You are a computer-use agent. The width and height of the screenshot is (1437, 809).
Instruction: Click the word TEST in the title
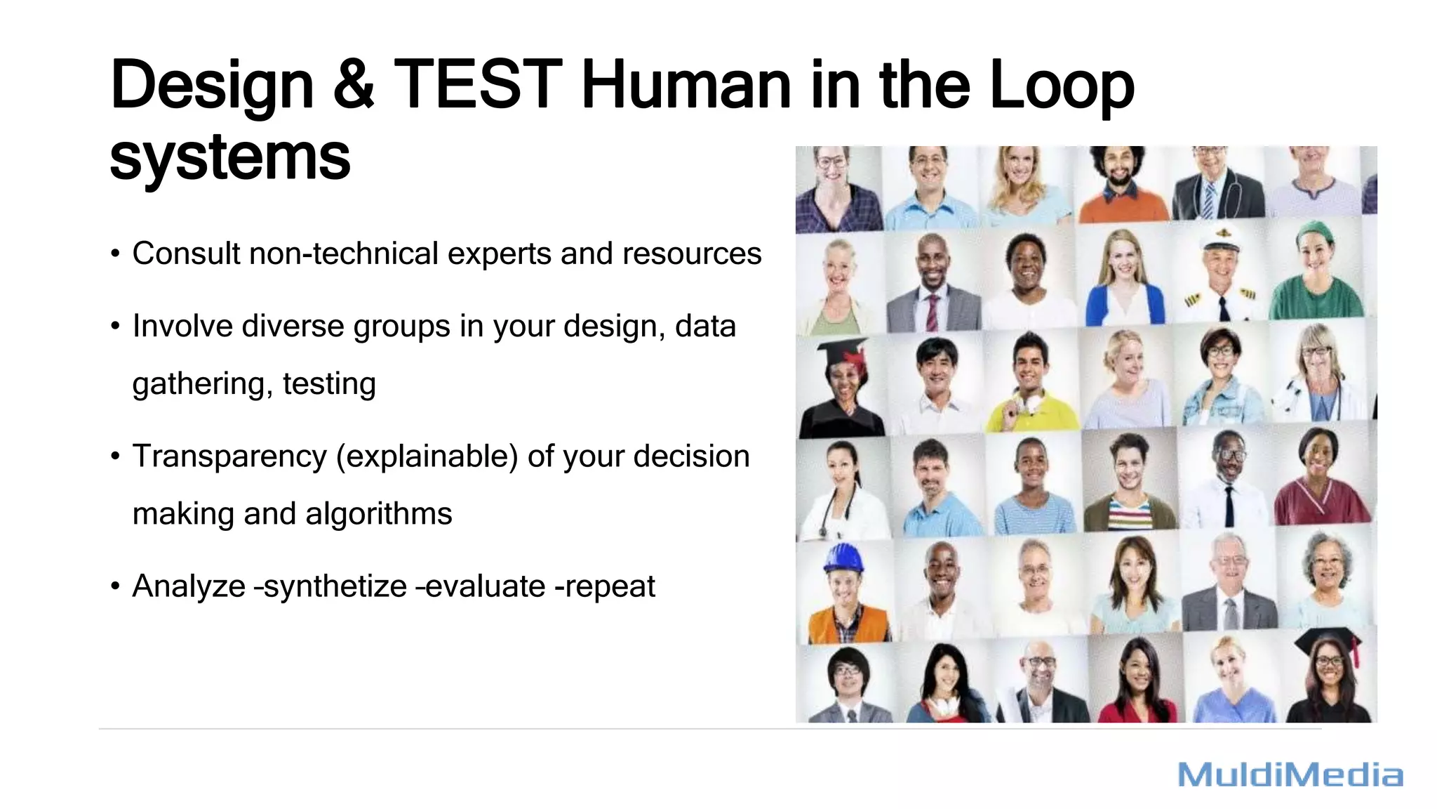(x=478, y=85)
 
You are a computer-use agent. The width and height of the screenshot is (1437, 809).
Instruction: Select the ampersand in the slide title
(x=354, y=85)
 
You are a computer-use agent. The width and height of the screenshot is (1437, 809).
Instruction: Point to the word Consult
(x=186, y=254)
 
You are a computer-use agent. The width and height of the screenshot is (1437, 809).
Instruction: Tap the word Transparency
(x=229, y=456)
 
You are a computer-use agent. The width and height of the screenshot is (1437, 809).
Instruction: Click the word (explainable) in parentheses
(x=427, y=456)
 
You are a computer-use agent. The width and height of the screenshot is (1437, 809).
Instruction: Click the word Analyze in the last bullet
(x=189, y=586)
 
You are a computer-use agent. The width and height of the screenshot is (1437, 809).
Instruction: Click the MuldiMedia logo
(x=1290, y=775)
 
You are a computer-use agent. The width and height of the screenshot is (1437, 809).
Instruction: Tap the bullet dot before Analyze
(x=115, y=586)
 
